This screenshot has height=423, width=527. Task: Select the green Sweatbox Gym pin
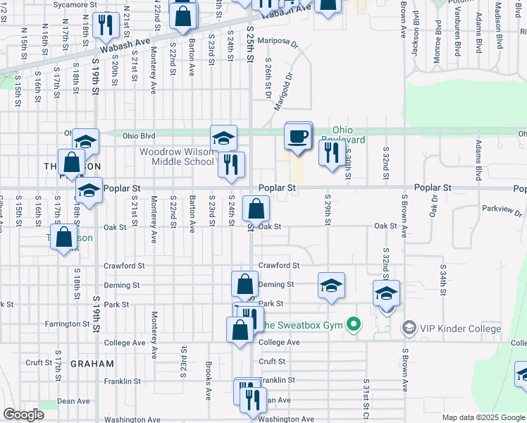point(354,325)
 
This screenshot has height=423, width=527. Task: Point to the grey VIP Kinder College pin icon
point(408,328)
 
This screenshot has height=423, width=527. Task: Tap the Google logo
point(23,415)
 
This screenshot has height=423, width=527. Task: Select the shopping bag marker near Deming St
point(244,286)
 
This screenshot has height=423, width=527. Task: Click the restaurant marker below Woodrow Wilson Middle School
point(231,166)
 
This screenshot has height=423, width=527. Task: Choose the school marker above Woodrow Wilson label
point(223,138)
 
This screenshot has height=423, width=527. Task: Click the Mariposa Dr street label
point(278,41)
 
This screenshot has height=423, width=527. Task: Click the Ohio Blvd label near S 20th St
point(138,135)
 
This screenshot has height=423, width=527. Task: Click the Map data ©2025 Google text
point(483,417)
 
